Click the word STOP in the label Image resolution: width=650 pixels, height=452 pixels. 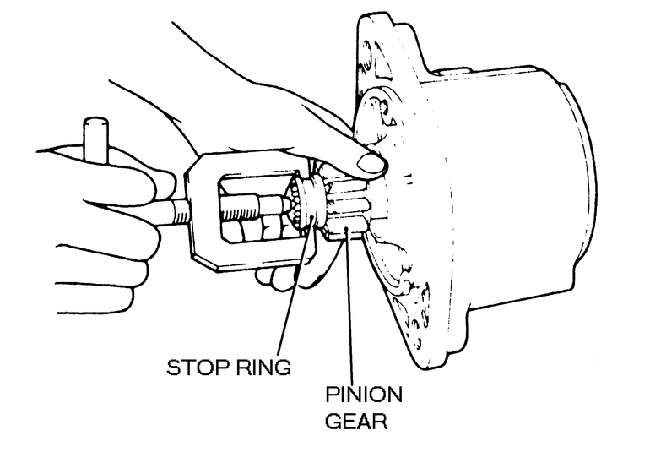(x=191, y=368)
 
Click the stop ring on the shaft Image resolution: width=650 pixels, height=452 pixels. (x=313, y=211)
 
